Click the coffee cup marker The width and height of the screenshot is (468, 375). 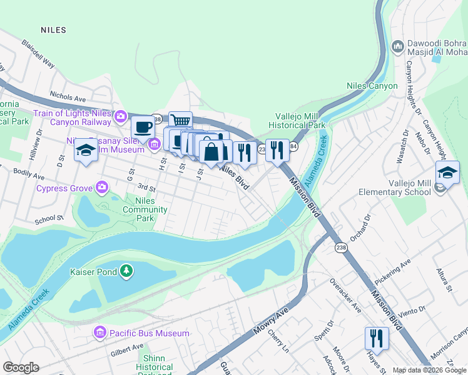click(x=143, y=126)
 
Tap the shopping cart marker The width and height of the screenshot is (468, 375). click(x=180, y=121)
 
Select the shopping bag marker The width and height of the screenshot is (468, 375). click(x=211, y=151)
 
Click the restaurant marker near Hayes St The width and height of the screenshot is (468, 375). click(x=377, y=338)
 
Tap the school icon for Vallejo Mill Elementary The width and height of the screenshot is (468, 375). click(x=447, y=172)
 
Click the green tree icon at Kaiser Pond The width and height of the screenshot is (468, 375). click(x=127, y=271)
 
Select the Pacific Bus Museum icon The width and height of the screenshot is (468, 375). click(x=99, y=333)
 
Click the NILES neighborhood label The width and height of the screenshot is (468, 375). click(x=53, y=29)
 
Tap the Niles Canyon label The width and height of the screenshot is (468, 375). click(x=372, y=86)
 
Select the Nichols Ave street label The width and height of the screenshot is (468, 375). click(x=68, y=98)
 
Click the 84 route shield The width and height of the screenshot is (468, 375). click(x=293, y=146)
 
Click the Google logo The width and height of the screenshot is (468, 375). click(x=21, y=367)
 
